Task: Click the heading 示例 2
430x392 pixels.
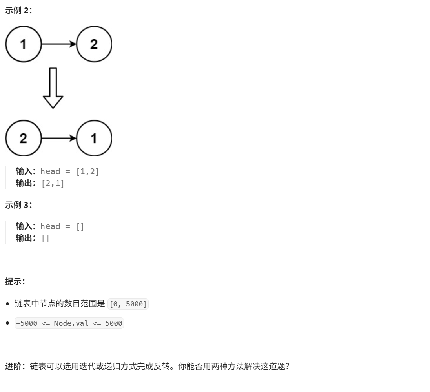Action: (18, 11)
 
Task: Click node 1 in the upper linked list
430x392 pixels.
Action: (23, 44)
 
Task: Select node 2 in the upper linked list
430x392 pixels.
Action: (94, 44)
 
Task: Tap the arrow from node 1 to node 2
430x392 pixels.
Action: (59, 44)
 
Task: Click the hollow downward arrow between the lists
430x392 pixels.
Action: (53, 88)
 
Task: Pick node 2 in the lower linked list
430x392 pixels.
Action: (23, 138)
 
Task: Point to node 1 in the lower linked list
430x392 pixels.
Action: (94, 138)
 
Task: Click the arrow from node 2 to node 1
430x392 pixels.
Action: (59, 138)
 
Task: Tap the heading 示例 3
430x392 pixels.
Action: (18, 205)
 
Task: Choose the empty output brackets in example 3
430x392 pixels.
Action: (46, 238)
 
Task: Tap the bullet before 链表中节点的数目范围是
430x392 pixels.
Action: (8, 304)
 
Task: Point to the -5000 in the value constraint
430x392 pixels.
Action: (27, 323)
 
